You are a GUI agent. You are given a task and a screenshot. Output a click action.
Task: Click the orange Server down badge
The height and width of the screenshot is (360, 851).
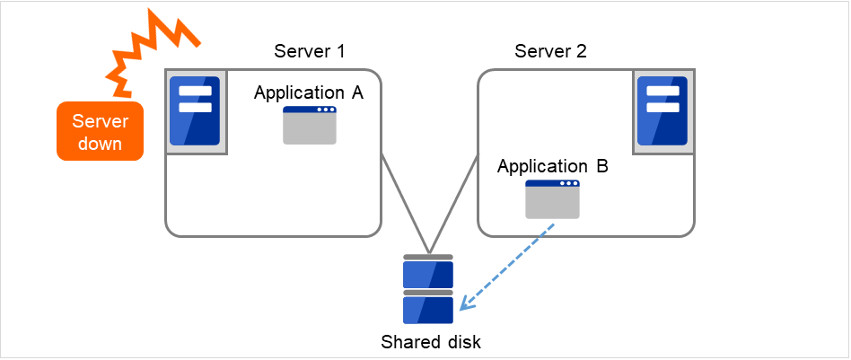100,131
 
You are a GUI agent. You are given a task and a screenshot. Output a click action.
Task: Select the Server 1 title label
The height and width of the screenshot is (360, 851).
309,50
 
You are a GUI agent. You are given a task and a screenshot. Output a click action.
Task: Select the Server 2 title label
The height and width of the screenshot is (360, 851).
550,50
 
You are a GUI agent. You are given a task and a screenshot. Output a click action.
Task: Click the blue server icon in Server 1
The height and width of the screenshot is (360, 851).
195,111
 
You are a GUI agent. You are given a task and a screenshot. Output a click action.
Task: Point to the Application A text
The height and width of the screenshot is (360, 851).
308,92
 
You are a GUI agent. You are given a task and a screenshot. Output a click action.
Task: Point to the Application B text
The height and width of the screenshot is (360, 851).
552,166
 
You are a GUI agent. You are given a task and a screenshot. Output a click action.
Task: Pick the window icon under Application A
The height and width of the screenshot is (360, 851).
310,126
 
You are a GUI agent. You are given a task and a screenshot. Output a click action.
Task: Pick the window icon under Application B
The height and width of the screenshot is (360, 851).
552,199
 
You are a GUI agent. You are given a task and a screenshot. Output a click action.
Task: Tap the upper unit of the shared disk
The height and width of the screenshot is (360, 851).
428,271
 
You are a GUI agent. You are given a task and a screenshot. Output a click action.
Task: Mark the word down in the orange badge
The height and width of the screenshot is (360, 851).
100,144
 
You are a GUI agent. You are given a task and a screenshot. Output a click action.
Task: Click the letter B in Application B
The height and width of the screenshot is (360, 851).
601,166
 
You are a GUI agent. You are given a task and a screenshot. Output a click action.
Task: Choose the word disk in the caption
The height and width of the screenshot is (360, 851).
461,342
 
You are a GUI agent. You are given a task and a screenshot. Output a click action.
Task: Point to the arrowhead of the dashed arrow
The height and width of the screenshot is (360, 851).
463,306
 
